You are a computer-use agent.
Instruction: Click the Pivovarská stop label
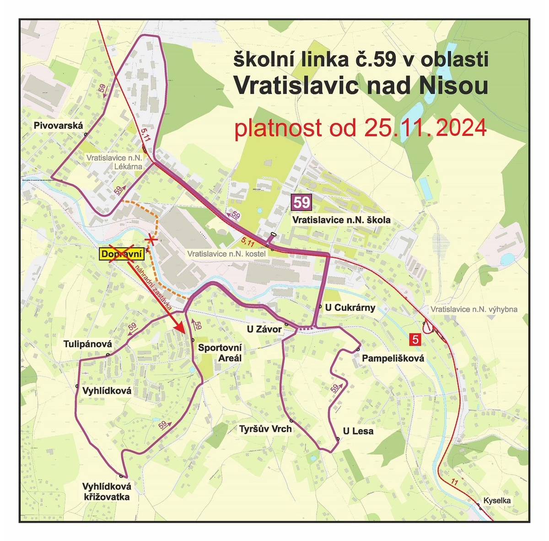click(58, 125)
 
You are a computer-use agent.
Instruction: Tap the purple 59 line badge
click(302, 202)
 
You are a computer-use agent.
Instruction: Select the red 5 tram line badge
click(415, 340)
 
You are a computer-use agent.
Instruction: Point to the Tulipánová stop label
click(88, 344)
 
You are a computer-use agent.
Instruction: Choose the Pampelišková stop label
click(393, 359)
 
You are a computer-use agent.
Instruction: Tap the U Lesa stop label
click(358, 431)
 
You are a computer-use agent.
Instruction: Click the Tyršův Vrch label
click(265, 429)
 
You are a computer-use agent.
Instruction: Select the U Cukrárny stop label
click(350, 307)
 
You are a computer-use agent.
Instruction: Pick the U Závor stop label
click(264, 329)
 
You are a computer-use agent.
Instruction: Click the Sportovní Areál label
click(220, 353)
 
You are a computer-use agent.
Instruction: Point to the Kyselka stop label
click(497, 500)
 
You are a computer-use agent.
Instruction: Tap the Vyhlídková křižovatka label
click(107, 492)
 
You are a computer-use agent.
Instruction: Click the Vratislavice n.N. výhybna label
click(474, 309)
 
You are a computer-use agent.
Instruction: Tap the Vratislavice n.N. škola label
click(341, 220)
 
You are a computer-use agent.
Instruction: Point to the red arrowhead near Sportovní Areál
click(181, 328)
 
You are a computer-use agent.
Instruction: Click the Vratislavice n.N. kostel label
click(226, 253)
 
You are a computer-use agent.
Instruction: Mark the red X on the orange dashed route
click(151, 240)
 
